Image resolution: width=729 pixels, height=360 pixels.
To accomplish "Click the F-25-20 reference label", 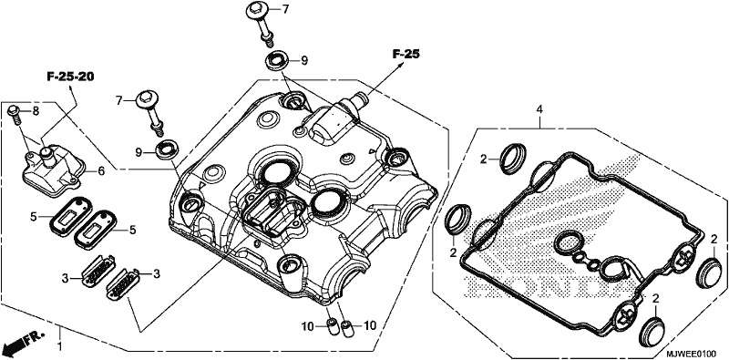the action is tap(70, 77).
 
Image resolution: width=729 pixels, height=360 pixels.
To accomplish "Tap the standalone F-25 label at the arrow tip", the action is tap(406, 55).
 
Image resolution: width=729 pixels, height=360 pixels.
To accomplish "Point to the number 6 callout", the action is tap(101, 171).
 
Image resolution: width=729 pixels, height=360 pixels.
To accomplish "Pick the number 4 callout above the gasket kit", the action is tap(539, 109).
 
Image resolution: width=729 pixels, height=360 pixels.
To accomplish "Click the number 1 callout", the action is tap(59, 346).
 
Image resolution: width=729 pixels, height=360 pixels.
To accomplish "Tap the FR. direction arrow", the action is tap(22, 341).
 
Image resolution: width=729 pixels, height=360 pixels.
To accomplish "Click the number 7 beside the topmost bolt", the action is tap(285, 9).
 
